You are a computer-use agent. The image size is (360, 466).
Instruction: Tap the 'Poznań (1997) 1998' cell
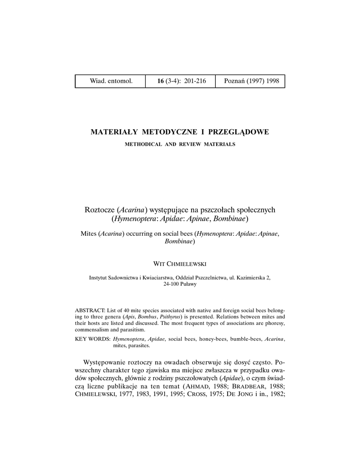click(251, 81)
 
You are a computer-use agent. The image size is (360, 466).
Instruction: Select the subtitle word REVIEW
click(190, 144)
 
